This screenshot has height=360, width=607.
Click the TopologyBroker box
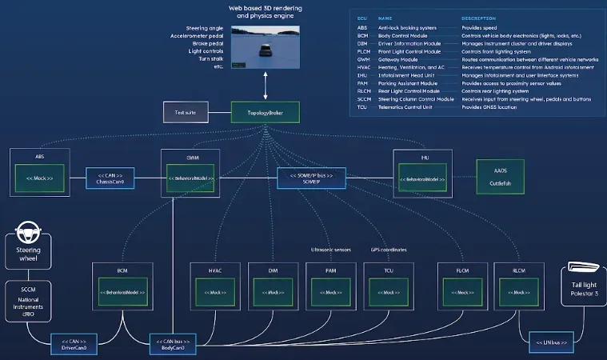tap(265, 112)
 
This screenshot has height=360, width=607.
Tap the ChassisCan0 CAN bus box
tap(110, 178)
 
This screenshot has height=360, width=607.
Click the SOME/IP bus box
tap(312, 178)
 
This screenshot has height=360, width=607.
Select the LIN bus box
tap(549, 343)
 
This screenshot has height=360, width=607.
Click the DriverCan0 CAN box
tap(74, 344)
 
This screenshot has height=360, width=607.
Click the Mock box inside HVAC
tap(216, 293)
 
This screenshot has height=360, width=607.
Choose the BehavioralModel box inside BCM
tap(122, 293)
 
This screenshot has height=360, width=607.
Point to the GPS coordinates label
tap(388, 250)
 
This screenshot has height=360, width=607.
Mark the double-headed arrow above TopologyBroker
tap(265, 84)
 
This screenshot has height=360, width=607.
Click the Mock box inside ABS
tap(41, 178)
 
